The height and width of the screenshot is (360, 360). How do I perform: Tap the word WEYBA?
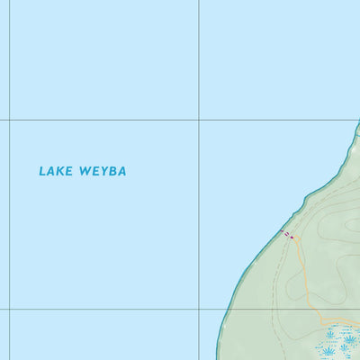point(103,170)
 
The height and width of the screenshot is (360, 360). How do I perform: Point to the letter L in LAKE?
point(41,170)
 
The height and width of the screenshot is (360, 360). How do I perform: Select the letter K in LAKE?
point(59,170)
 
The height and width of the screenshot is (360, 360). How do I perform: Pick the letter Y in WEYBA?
point(103,170)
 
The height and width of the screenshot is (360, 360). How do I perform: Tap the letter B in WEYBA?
point(112,170)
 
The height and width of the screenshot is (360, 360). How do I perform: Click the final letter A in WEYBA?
point(121,170)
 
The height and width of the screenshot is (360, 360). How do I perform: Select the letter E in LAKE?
point(68,170)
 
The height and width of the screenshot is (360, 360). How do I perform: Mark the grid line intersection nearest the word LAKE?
point(10,120)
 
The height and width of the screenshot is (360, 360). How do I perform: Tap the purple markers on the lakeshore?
point(289,235)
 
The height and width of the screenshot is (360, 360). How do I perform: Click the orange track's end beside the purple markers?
point(292,238)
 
